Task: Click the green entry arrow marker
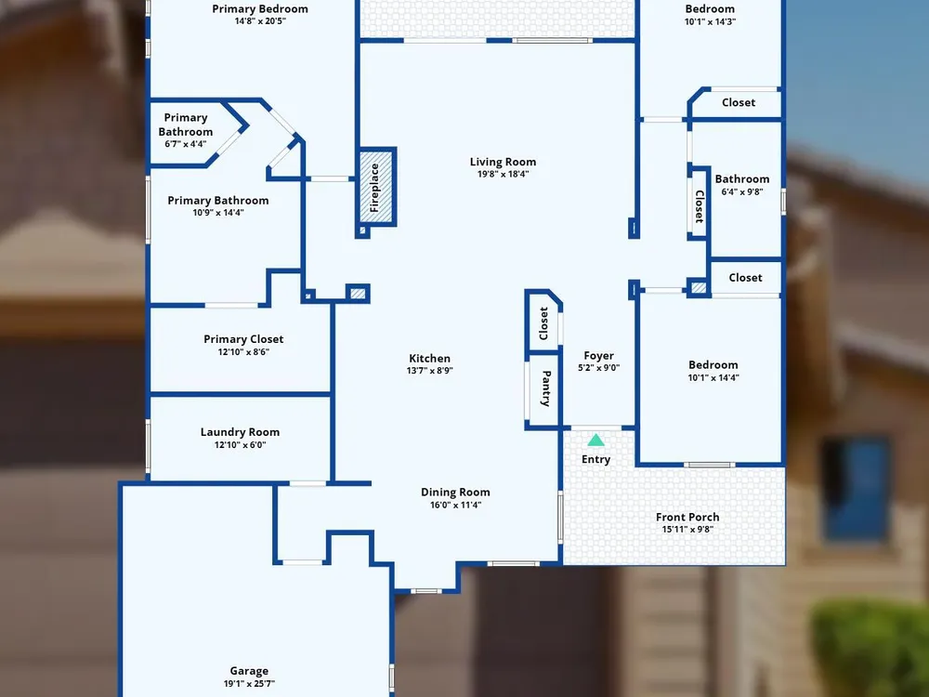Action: [596, 440]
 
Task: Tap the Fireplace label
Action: [374, 188]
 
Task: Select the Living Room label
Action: [503, 162]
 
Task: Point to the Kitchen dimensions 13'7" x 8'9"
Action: [430, 371]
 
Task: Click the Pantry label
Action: [546, 388]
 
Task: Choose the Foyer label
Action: [598, 356]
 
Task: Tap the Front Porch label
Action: [687, 517]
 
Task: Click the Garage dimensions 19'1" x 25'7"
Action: [249, 683]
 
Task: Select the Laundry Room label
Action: [240, 432]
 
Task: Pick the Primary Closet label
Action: [243, 339]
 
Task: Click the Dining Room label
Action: [455, 492]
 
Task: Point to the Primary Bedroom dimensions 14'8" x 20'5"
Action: [260, 21]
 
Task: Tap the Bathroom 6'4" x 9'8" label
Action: [742, 179]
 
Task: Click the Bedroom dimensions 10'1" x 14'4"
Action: [713, 377]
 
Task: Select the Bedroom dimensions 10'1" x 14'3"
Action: [711, 22]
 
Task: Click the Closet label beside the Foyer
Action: [543, 323]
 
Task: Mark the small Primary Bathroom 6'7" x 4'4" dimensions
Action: [186, 144]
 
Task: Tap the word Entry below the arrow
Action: [596, 459]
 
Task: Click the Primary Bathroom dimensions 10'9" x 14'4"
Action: [218, 213]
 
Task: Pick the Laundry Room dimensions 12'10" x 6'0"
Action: [240, 445]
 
